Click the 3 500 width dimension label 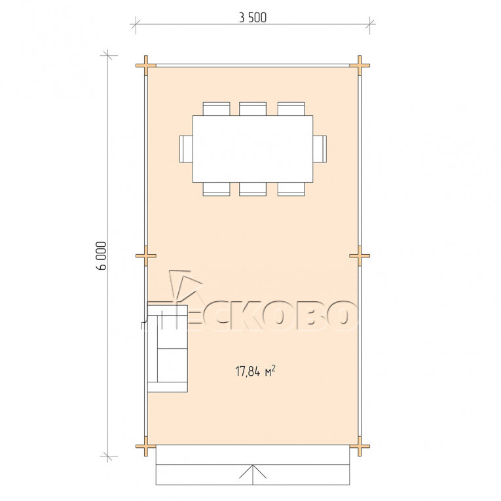pyautogui.click(x=253, y=18)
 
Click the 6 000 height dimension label pyautogui.click(x=102, y=255)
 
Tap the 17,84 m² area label pyautogui.click(x=255, y=371)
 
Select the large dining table pyautogui.click(x=253, y=149)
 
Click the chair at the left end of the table pyautogui.click(x=186, y=149)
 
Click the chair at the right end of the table pyautogui.click(x=320, y=149)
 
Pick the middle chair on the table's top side pyautogui.click(x=253, y=109)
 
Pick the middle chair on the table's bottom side pyautogui.click(x=253, y=189)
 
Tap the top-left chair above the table pyautogui.click(x=216, y=109)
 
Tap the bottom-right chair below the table pyautogui.click(x=291, y=189)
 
